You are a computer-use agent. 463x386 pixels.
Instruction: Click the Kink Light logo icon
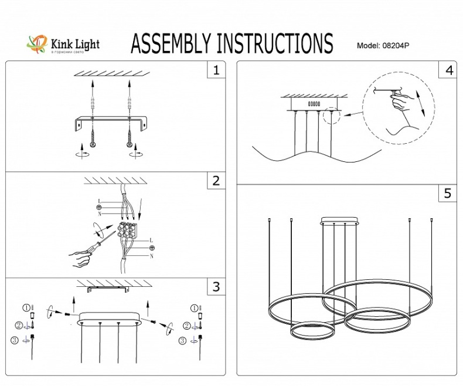pos(38,45)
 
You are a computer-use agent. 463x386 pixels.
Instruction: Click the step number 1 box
pos(216,71)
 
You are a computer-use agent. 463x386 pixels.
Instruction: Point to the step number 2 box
pos(216,181)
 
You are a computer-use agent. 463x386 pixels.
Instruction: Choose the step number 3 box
pos(216,287)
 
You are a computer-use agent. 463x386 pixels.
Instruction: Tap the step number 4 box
pos(448,70)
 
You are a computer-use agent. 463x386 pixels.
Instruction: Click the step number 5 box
pos(448,194)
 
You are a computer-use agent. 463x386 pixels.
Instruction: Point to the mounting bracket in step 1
pos(111,122)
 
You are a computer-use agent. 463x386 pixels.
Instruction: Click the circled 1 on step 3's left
pos(26,307)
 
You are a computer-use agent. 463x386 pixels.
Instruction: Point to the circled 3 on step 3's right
pos(183,340)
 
